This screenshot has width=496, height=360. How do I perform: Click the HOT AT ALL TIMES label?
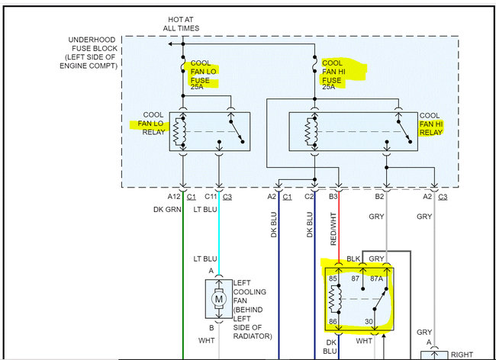point(181,23)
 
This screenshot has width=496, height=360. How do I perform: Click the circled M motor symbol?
point(218,298)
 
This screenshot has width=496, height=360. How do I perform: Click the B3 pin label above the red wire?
point(333,197)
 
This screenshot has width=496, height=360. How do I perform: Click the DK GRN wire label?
point(167,207)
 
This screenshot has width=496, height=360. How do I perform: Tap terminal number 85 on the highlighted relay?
point(333,278)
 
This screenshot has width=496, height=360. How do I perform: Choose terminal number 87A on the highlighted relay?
point(375,278)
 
